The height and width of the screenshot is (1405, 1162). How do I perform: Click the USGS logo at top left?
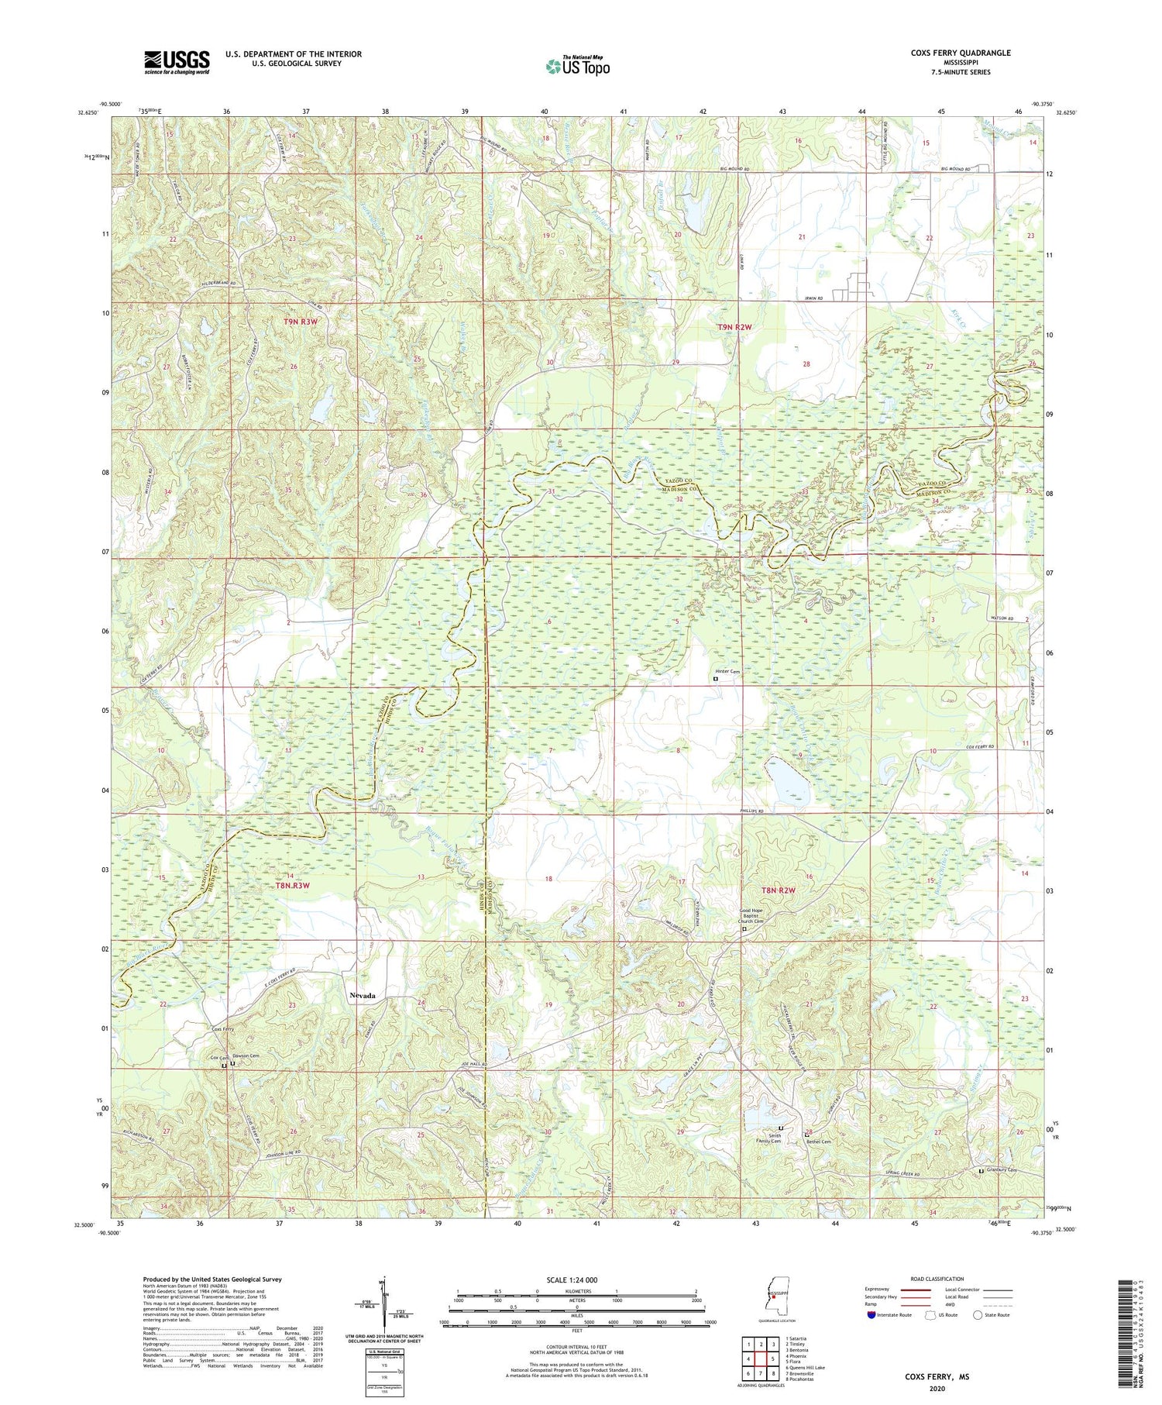[x=177, y=62]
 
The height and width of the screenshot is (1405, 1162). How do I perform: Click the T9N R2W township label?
[x=734, y=328]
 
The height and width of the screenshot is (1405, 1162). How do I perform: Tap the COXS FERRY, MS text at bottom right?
[x=937, y=1377]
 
